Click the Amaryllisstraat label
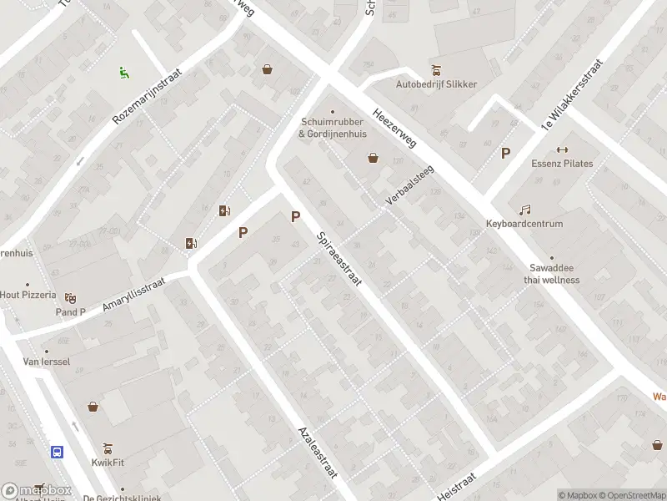[134, 296]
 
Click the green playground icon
[124, 73]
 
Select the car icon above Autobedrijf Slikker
[436, 70]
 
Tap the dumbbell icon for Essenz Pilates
[562, 149]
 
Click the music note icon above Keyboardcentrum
[524, 210]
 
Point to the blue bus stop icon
[58, 452]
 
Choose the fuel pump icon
[224, 210]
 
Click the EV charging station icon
[192, 244]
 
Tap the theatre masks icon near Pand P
[71, 297]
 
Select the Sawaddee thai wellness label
[551, 274]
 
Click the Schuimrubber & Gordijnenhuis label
[333, 128]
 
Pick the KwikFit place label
[108, 461]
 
